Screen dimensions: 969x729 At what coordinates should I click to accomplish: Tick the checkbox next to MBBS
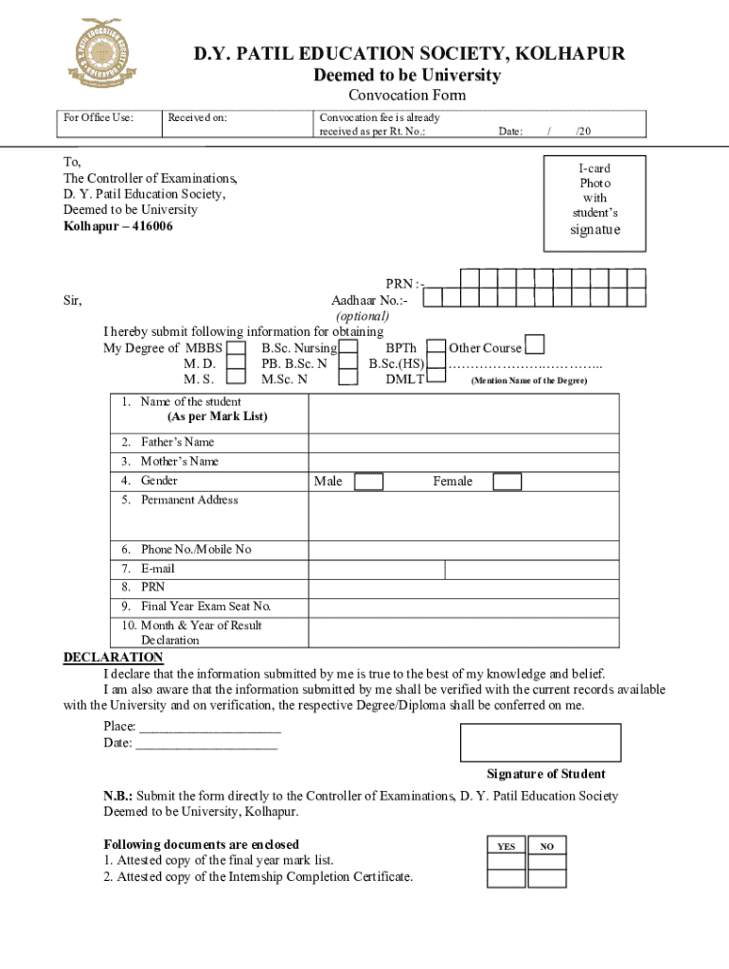coord(237,349)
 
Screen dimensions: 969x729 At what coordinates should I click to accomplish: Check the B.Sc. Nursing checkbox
coord(347,349)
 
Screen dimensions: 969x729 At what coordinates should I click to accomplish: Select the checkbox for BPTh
coord(436,349)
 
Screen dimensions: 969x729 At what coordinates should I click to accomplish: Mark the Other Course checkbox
coord(534,344)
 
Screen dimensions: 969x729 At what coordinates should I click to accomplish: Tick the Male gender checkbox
coord(368,482)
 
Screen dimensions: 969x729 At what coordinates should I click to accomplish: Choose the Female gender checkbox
coord(507,482)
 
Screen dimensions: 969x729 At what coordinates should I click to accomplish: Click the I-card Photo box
coord(595,203)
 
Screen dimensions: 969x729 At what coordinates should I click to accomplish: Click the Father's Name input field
coord(464,442)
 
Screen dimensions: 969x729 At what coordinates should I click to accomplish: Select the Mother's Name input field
coord(464,462)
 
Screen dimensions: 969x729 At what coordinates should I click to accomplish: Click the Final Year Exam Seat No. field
coord(464,607)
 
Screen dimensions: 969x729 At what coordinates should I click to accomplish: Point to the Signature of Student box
coord(541,743)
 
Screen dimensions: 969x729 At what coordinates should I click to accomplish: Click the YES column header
coord(507,846)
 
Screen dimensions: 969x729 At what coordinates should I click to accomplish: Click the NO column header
coord(547,846)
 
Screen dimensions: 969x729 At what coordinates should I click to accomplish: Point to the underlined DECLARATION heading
coord(113,658)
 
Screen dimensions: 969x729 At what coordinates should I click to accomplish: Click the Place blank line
coord(209,727)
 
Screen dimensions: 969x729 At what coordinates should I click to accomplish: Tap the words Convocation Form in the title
coord(407,96)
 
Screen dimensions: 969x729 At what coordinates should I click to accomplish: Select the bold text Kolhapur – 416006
coord(118,227)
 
